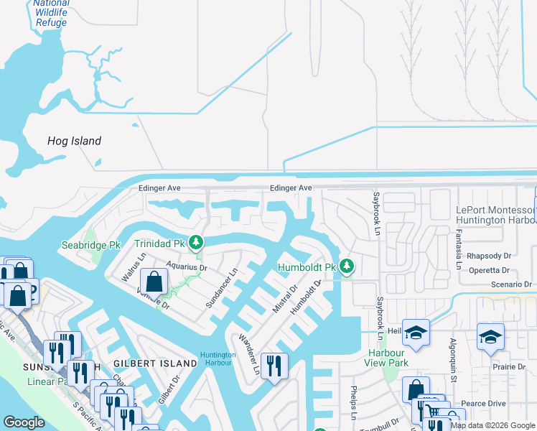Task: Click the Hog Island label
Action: tap(74, 141)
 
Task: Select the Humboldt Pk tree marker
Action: tap(347, 267)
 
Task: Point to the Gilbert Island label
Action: tap(154, 363)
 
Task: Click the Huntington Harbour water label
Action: tap(218, 358)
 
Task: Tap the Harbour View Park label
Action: tap(386, 358)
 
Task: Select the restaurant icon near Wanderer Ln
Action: tap(274, 366)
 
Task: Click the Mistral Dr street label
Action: tap(285, 299)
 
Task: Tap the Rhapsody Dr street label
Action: tap(488, 256)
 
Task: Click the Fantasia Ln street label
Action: tap(458, 246)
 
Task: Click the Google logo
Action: tap(24, 422)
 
